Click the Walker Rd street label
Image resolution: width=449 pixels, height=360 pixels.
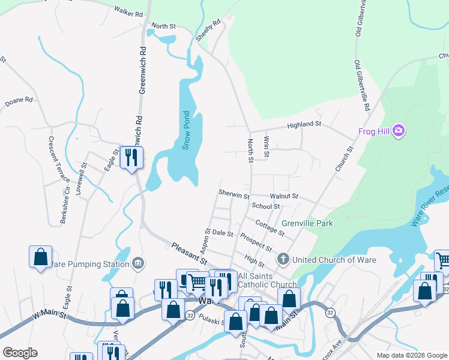pyautogui.click(x=130, y=13)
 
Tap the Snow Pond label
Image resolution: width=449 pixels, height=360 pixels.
pyautogui.click(x=186, y=130)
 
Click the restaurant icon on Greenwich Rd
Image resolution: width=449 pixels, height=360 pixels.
pyautogui.click(x=131, y=158)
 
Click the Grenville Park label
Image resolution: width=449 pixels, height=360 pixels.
pyautogui.click(x=307, y=223)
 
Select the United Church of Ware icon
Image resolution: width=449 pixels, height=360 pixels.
pyautogui.click(x=283, y=260)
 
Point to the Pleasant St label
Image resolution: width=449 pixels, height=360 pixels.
pyautogui.click(x=188, y=254)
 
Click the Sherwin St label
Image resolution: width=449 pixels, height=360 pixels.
pyautogui.click(x=234, y=196)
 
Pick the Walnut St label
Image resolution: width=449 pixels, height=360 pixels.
pyautogui.click(x=284, y=196)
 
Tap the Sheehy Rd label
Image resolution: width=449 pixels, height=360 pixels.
pyautogui.click(x=208, y=31)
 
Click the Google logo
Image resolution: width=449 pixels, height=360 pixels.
pyautogui.click(x=20, y=353)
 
